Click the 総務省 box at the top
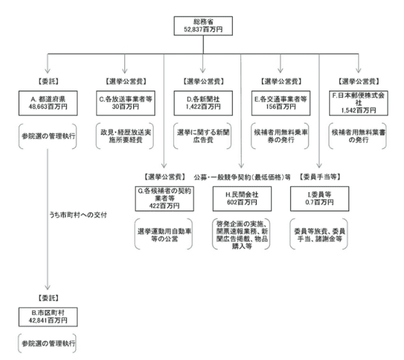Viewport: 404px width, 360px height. click(x=203, y=26)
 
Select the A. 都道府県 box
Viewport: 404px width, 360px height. click(x=48, y=103)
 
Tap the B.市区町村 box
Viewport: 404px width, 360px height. click(x=48, y=317)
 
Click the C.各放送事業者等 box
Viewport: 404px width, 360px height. click(x=126, y=103)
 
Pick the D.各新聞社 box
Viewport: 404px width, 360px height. click(x=203, y=103)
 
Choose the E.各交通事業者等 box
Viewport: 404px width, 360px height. click(x=281, y=103)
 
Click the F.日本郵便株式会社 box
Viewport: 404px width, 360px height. click(x=358, y=103)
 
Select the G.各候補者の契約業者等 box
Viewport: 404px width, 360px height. click(x=165, y=199)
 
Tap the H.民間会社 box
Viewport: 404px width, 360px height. click(x=242, y=199)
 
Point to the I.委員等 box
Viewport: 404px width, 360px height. click(x=320, y=199)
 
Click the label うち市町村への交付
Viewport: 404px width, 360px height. click(x=78, y=215)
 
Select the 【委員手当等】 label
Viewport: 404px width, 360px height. click(x=320, y=177)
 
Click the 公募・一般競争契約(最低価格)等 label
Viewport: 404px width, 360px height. click(x=242, y=177)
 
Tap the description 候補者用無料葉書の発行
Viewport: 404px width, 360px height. click(x=358, y=136)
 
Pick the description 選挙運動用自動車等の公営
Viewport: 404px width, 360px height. click(x=165, y=235)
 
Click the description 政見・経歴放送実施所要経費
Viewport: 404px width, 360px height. click(x=126, y=136)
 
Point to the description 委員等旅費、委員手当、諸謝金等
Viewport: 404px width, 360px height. click(x=320, y=235)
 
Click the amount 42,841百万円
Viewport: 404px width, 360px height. click(x=48, y=320)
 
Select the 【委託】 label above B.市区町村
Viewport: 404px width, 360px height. click(x=48, y=298)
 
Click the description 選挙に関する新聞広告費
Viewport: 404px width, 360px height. click(x=203, y=136)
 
